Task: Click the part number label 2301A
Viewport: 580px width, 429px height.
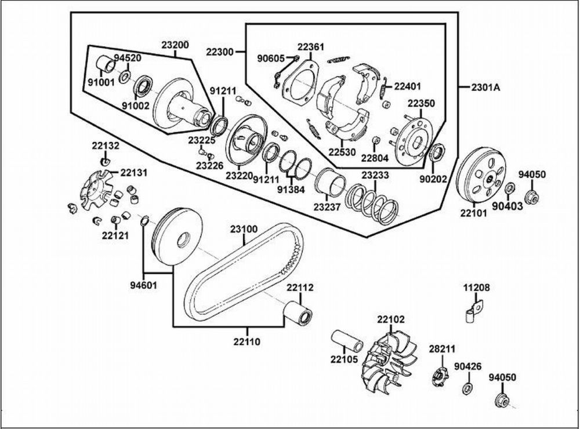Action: coord(485,88)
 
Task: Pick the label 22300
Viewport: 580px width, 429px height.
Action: coord(220,52)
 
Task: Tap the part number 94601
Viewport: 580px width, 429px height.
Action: coord(143,285)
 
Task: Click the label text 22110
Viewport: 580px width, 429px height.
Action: coord(246,341)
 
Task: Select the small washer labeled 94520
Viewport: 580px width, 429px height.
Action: coord(125,77)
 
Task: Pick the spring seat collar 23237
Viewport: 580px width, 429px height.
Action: coord(331,182)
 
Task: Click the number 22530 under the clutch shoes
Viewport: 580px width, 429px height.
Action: coord(342,152)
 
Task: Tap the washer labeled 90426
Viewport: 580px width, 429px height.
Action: coord(467,388)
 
